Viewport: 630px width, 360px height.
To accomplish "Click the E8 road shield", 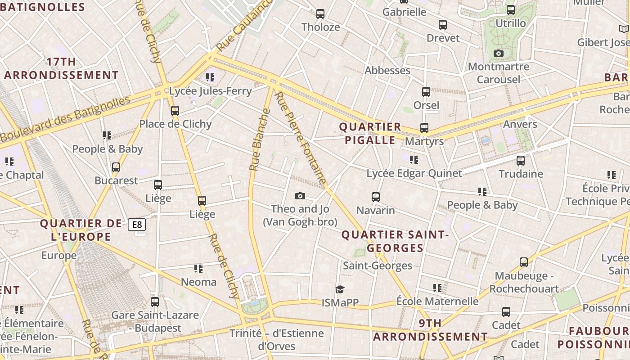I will [x=137, y=224].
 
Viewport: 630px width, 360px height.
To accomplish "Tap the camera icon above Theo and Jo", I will [x=300, y=196].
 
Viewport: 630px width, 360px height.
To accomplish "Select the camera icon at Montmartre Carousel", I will [x=498, y=54].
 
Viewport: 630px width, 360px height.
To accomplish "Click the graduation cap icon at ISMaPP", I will [x=340, y=289].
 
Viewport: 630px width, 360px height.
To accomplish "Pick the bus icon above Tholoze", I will [x=320, y=14].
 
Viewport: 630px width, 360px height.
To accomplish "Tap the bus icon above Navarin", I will [x=376, y=197].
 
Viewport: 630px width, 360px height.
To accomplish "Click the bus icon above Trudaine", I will [x=521, y=160].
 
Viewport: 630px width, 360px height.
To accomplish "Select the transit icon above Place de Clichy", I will [x=175, y=110].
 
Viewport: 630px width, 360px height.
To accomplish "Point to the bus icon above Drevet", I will [x=443, y=25].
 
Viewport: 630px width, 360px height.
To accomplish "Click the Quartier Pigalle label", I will [x=370, y=133].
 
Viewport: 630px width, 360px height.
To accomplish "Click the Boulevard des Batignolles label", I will [x=65, y=119].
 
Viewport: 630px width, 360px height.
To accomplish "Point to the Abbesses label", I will [x=387, y=70].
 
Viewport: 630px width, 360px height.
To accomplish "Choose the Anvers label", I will [x=520, y=124].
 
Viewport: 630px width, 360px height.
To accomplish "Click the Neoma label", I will [x=198, y=282].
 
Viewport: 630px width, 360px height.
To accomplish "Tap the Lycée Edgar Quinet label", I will [x=414, y=173].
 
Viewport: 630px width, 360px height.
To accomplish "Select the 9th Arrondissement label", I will [x=430, y=330].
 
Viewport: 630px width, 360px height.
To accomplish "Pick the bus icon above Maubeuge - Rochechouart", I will [x=523, y=262].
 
